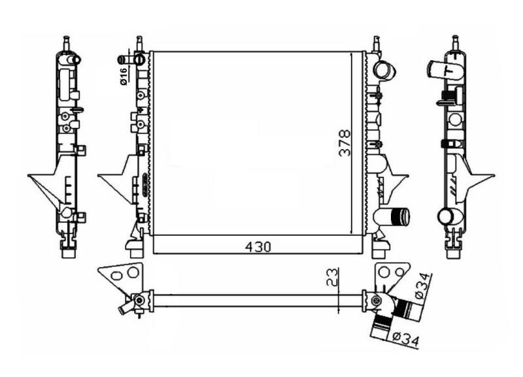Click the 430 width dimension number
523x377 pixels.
click(258, 247)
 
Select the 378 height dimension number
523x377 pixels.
click(345, 143)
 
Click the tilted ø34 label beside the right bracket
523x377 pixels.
click(423, 286)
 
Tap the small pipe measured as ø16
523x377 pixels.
click(139, 60)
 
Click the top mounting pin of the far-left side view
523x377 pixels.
click(67, 42)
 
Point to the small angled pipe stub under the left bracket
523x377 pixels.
click(125, 306)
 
